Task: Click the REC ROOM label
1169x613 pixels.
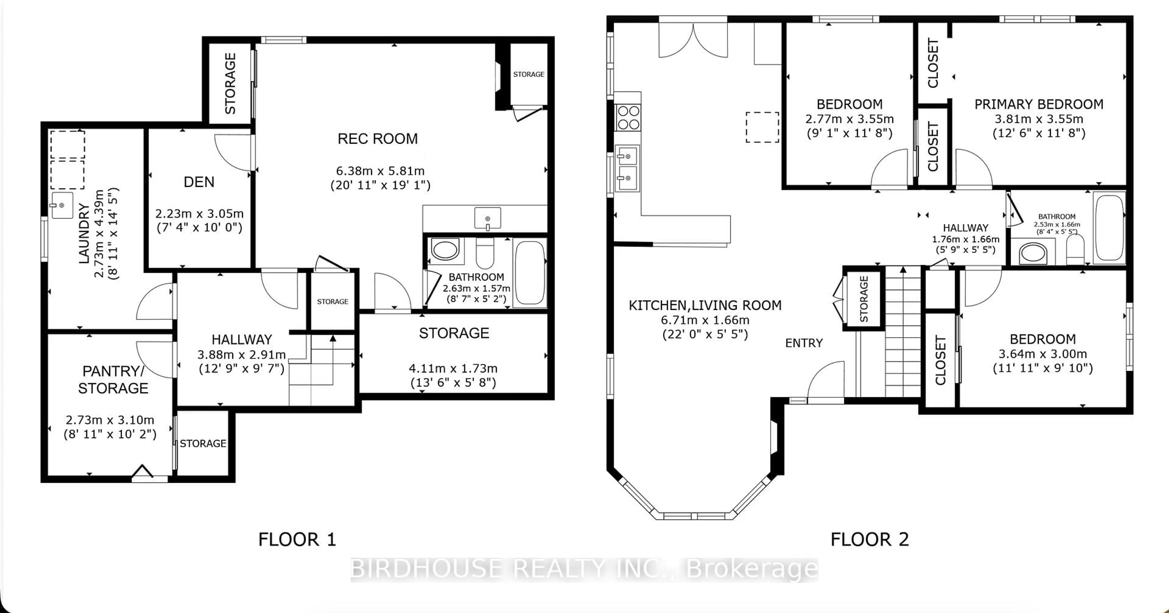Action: click(x=377, y=139)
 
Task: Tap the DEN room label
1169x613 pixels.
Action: click(x=199, y=182)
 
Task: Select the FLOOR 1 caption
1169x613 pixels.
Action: click(x=297, y=539)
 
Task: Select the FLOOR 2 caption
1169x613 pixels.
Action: click(x=869, y=539)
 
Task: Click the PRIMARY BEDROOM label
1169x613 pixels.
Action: click(x=1039, y=104)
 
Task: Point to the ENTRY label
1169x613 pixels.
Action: click(x=804, y=343)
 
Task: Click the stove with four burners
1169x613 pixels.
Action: click(x=628, y=117)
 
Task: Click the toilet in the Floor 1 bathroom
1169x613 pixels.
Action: click(x=485, y=254)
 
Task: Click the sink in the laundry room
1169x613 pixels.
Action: click(x=62, y=205)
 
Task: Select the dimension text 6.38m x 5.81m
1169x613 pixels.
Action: click(x=380, y=171)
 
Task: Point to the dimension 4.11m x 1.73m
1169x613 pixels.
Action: click(x=453, y=368)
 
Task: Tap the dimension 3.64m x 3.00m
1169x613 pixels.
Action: click(x=1042, y=354)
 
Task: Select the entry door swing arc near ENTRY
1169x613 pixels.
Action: click(x=826, y=380)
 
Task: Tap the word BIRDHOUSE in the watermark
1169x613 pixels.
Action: click(x=427, y=569)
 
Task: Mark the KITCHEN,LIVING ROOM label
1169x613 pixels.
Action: click(x=705, y=305)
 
